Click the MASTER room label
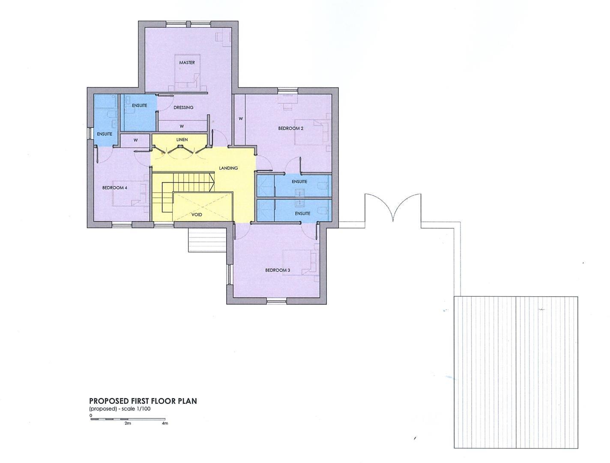coord(187,63)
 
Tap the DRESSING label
coord(183,108)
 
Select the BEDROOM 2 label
coord(291,128)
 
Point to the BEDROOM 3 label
coord(278,270)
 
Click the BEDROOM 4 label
coord(114,188)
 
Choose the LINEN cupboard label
coord(182,140)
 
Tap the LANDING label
coord(228,168)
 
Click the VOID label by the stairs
coord(197,215)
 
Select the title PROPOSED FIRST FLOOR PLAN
coord(143,401)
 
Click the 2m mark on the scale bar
coord(128,423)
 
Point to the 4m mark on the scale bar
coord(165,423)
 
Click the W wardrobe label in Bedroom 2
coord(241,119)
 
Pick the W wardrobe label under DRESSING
coord(182,126)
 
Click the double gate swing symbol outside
coord(393,208)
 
